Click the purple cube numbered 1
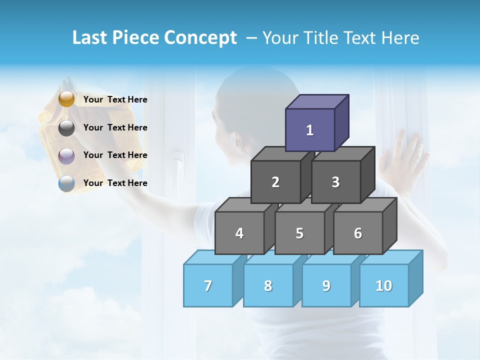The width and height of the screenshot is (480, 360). [310, 130]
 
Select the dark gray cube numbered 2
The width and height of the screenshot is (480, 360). [275, 182]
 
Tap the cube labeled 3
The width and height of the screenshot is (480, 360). [335, 182]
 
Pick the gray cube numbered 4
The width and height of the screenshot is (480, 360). [239, 233]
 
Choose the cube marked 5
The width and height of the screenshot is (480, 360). [299, 233]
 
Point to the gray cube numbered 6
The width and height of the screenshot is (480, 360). [358, 233]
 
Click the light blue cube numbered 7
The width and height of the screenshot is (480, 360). [208, 285]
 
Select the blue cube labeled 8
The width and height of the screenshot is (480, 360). [268, 285]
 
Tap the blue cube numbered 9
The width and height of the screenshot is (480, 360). [326, 285]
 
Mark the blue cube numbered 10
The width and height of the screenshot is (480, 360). [384, 285]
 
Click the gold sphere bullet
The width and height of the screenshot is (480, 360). [66, 99]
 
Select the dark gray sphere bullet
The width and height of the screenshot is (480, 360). [66, 128]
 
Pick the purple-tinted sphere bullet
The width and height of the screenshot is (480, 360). [66, 156]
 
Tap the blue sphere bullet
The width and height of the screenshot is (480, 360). [66, 183]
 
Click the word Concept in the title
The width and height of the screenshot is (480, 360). [200, 38]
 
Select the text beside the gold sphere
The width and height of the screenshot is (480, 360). [115, 99]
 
